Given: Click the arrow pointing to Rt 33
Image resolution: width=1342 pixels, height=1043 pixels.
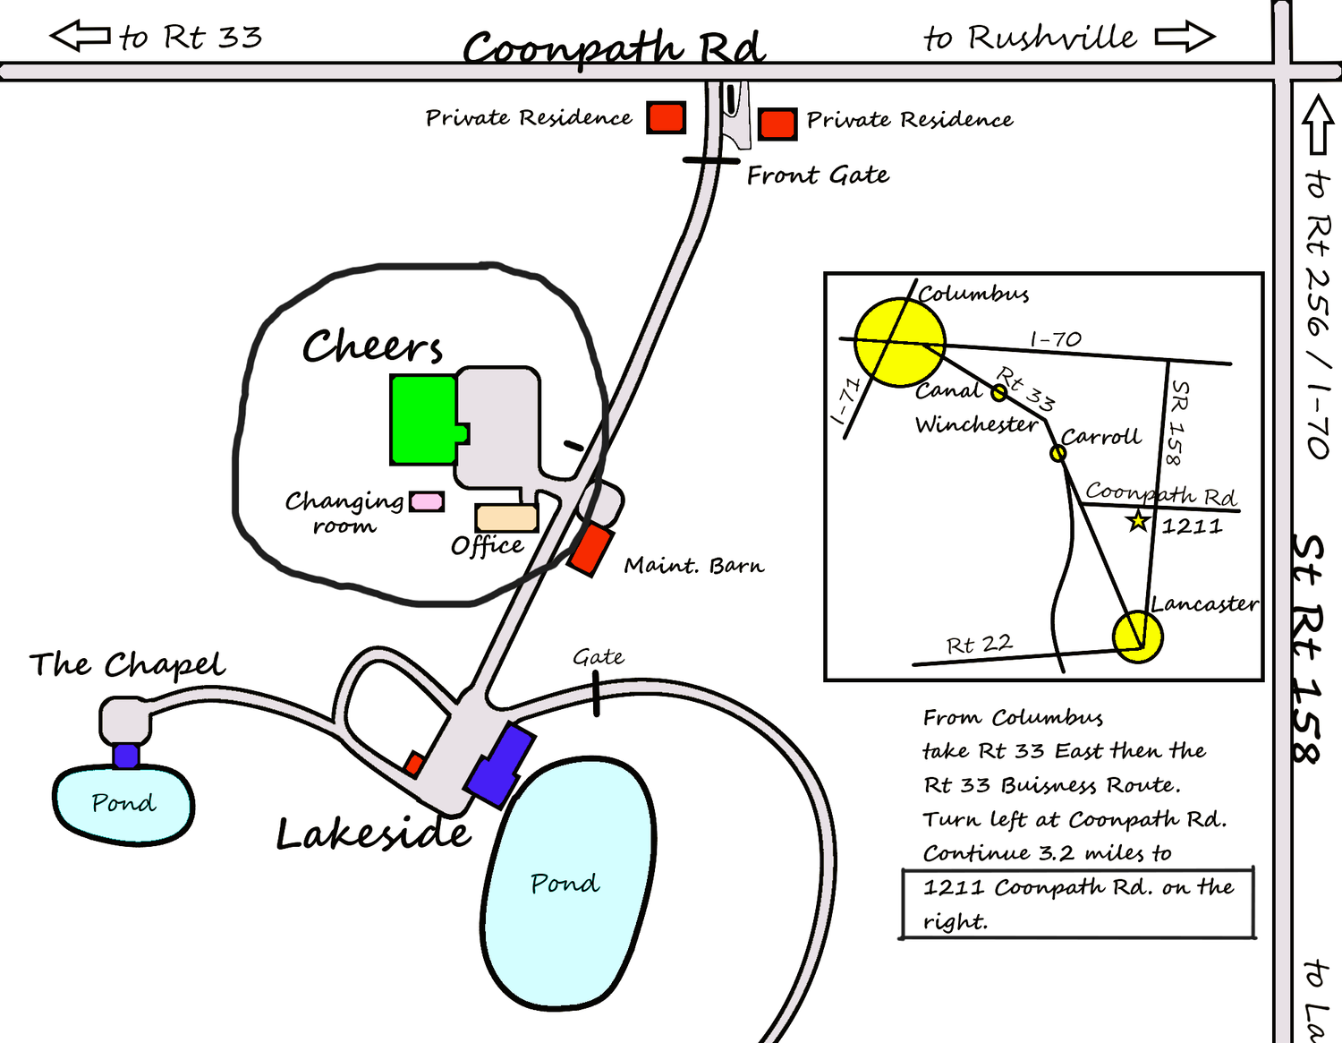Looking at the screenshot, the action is (80, 35).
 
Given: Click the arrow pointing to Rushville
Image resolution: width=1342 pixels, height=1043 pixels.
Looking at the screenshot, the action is (1185, 37).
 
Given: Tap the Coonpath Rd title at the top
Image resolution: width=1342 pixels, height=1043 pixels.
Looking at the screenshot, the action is (614, 48).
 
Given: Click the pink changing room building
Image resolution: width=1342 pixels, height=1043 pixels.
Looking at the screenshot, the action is (427, 501).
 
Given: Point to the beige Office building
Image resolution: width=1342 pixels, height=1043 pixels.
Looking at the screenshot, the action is (506, 517).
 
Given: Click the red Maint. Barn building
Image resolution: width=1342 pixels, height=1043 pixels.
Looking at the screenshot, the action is (590, 550).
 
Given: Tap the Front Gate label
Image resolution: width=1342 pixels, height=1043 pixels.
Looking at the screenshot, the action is (818, 175).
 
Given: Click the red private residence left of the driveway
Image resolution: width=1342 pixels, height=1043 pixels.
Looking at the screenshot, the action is (667, 117).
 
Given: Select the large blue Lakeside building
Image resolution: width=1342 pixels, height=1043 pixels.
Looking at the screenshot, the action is (500, 765).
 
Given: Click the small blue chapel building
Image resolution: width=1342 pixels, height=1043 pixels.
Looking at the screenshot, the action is (126, 756).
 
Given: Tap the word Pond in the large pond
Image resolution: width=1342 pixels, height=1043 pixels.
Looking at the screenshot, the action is (565, 884).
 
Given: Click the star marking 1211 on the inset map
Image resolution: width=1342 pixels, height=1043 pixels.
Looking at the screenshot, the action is (1138, 521).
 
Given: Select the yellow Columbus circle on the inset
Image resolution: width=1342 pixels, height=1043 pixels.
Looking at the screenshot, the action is (900, 342).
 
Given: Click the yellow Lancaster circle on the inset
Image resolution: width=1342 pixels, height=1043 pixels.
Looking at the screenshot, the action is (1138, 637).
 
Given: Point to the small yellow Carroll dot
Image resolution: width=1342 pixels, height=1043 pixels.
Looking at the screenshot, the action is (1057, 454).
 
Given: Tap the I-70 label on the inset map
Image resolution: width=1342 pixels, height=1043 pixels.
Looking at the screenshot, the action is (1056, 338).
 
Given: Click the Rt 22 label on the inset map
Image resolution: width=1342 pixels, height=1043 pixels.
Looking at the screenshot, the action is (980, 645).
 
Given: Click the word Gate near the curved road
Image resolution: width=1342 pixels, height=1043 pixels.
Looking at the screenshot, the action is (598, 657).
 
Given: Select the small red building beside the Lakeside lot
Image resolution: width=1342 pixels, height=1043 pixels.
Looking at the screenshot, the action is (414, 764).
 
